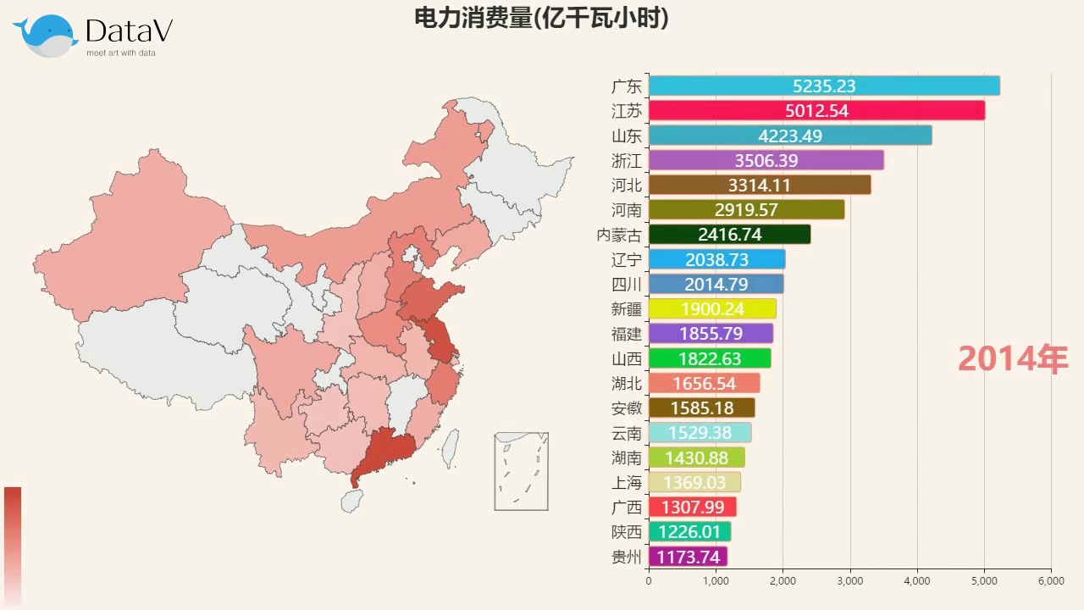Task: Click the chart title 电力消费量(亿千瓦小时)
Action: click(x=541, y=18)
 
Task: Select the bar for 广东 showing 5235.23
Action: click(x=823, y=86)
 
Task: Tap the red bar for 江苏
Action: click(x=816, y=110)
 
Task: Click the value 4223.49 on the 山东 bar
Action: click(x=789, y=136)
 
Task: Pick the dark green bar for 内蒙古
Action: click(x=729, y=235)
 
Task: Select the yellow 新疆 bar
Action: click(x=711, y=309)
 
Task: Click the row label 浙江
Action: click(x=627, y=160)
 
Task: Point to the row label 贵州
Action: click(x=627, y=557)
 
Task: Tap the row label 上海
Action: click(x=627, y=483)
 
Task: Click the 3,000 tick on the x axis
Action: click(x=849, y=581)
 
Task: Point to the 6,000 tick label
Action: click(x=1051, y=581)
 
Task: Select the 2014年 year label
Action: click(x=1013, y=359)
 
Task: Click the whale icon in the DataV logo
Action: click(x=47, y=36)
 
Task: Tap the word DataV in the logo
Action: click(x=129, y=32)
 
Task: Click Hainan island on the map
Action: click(x=352, y=501)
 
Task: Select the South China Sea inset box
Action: click(x=521, y=471)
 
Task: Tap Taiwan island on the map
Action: click(x=451, y=446)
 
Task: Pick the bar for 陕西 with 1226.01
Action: click(x=689, y=532)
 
